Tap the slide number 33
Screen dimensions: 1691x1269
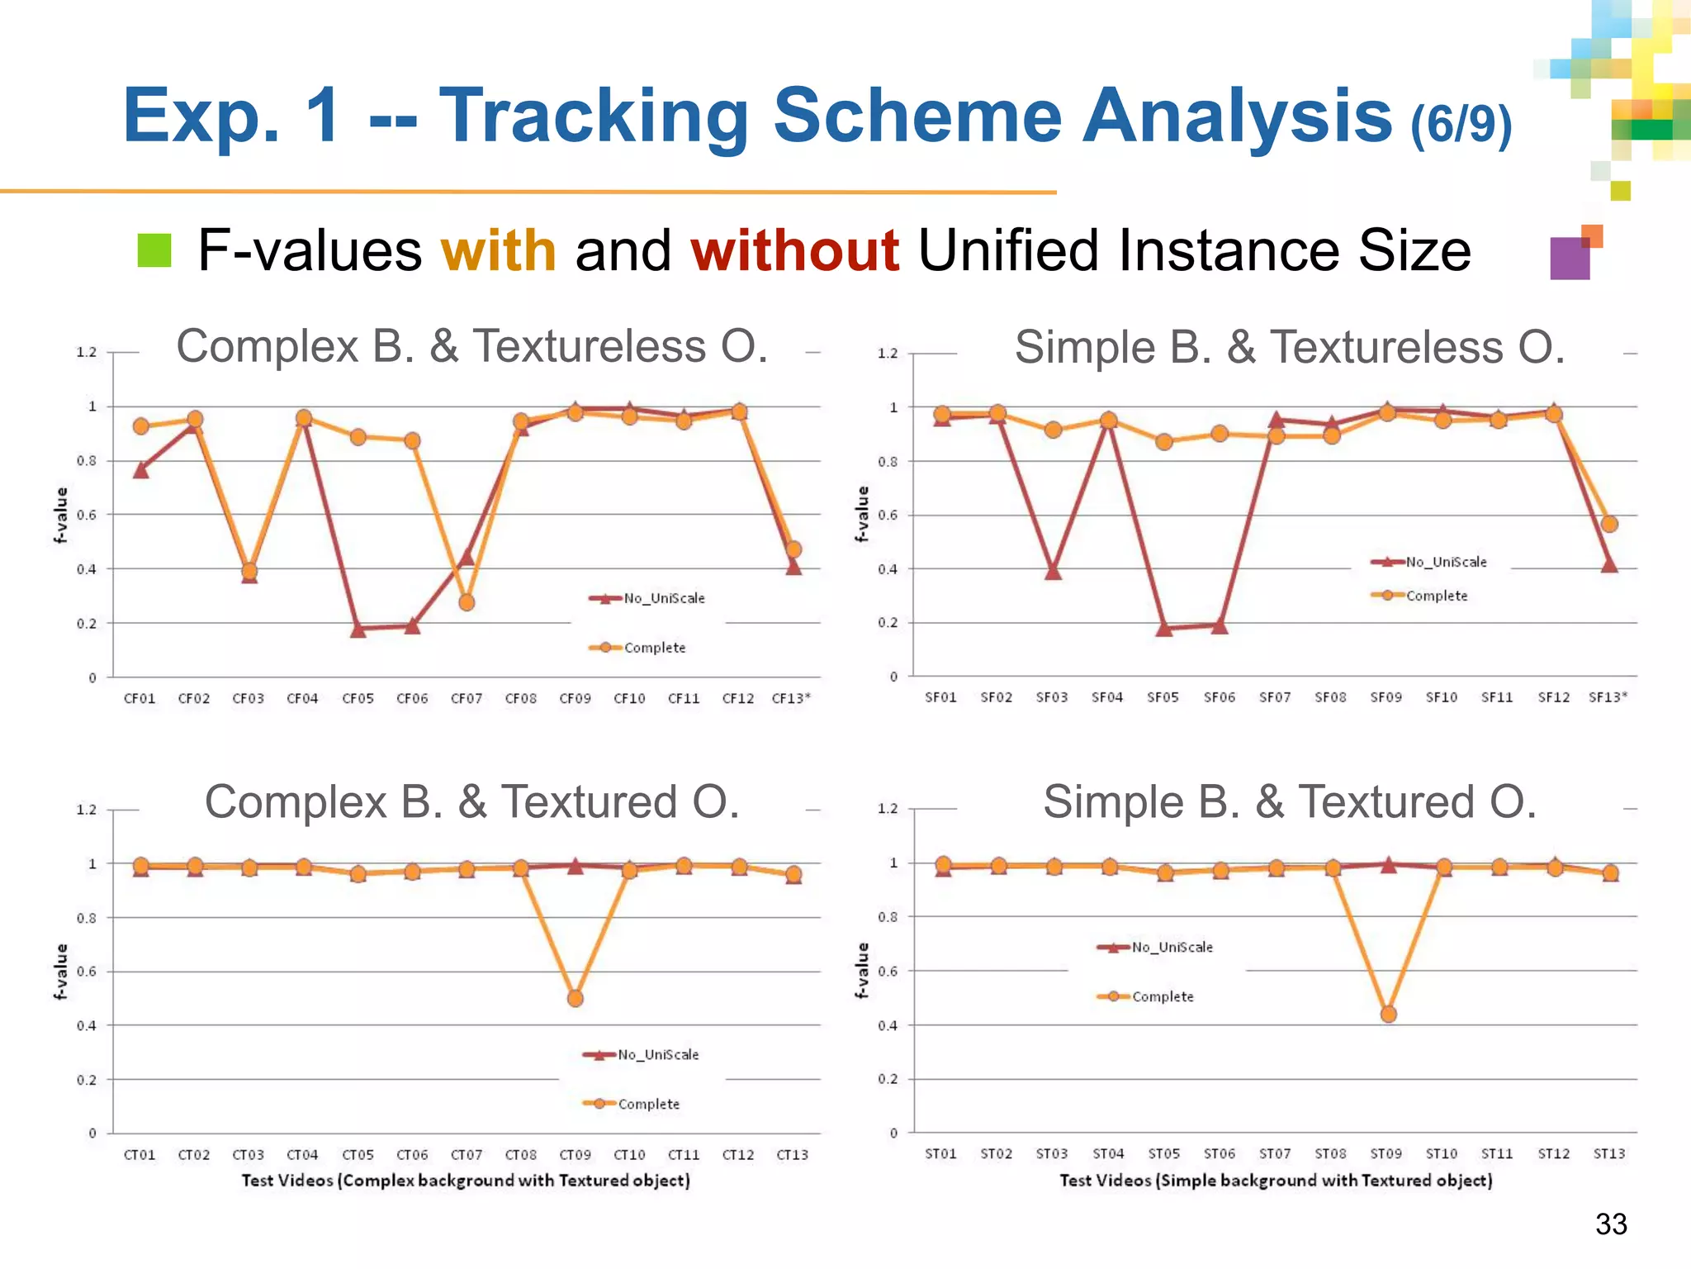coord(1611,1224)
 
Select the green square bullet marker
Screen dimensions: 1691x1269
coord(154,250)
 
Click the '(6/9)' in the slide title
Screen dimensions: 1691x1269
coord(1461,124)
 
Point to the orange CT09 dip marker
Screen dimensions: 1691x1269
coord(576,998)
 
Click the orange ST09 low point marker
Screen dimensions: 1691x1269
coord(1389,1014)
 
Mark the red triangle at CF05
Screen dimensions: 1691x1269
coord(358,630)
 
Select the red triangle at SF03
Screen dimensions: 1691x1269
coord(1053,572)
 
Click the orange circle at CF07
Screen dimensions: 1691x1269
coord(467,602)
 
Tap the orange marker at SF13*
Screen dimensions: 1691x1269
coord(1609,524)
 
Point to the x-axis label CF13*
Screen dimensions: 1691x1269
coord(791,698)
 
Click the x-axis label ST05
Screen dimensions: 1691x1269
coord(1163,1153)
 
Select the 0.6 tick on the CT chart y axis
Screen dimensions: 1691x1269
coord(87,972)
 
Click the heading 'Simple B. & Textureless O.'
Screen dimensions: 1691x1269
coord(1290,347)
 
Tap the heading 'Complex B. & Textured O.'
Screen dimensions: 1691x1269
coord(472,801)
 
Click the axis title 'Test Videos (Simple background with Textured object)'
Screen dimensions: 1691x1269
coord(1276,1181)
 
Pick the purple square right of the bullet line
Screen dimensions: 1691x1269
coord(1570,259)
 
